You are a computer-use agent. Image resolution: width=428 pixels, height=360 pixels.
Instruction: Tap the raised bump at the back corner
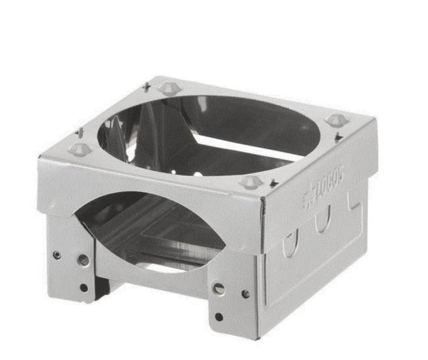(x=169, y=88)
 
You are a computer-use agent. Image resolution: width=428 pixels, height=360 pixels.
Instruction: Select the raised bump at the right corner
(x=336, y=120)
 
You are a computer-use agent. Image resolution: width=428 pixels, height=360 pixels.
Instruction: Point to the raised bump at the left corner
(x=80, y=149)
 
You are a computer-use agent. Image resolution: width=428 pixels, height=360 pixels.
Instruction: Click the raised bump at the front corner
(x=251, y=182)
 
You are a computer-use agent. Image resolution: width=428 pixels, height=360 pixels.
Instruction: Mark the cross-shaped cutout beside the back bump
(x=147, y=86)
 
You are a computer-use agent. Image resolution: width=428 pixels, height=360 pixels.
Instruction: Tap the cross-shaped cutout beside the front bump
(x=274, y=183)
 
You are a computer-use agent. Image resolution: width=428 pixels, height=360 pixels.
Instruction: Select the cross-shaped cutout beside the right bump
(x=339, y=137)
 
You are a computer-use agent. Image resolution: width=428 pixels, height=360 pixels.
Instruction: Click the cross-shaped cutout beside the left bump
(x=80, y=132)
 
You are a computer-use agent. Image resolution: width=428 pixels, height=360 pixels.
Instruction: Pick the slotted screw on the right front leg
(x=219, y=288)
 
